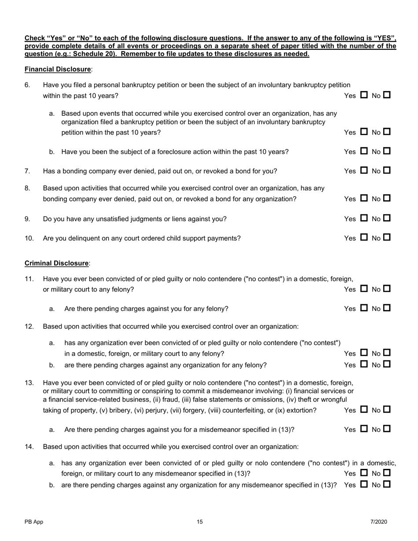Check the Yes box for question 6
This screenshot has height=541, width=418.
tap(364, 95)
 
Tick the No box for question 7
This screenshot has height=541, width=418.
tap(386, 171)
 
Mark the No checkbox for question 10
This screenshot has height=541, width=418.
tap(386, 238)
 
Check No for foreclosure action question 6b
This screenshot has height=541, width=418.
tap(386, 151)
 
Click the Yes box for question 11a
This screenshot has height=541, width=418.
tap(364, 308)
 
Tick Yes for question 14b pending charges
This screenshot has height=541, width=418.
tap(364, 485)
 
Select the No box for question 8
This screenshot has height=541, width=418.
tap(386, 199)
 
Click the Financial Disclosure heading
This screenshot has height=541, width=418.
tap(58, 69)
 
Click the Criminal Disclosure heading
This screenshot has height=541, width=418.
tap(57, 263)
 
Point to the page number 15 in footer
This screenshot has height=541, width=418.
tap(200, 522)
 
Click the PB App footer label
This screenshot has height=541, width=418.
tap(34, 522)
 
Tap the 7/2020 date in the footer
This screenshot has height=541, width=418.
tap(378, 522)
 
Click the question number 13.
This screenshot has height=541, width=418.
tap(29, 383)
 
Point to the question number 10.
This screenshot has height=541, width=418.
tap(29, 238)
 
